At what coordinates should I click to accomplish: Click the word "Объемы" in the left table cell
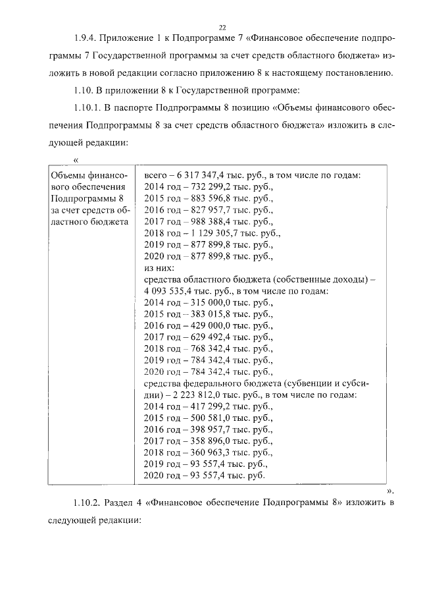click(68, 176)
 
